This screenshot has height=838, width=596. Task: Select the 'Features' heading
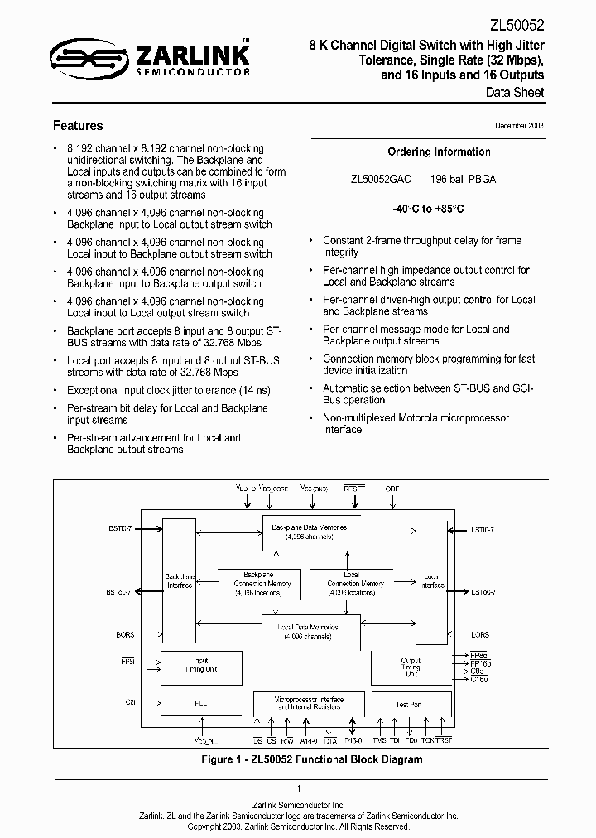tap(78, 126)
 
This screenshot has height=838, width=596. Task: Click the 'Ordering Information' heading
tap(439, 152)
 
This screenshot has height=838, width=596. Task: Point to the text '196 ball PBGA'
tap(463, 179)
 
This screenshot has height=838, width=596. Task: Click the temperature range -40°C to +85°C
tap(439, 209)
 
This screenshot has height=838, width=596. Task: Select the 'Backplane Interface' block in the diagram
tap(179, 580)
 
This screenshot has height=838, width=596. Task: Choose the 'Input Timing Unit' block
tap(201, 665)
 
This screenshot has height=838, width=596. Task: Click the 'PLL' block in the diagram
tap(201, 703)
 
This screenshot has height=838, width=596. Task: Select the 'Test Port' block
tap(411, 704)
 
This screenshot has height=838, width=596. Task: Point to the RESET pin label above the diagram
tap(353, 489)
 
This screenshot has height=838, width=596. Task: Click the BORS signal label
tap(125, 635)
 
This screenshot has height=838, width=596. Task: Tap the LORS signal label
tap(480, 635)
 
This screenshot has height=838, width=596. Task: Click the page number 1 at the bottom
tap(298, 789)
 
